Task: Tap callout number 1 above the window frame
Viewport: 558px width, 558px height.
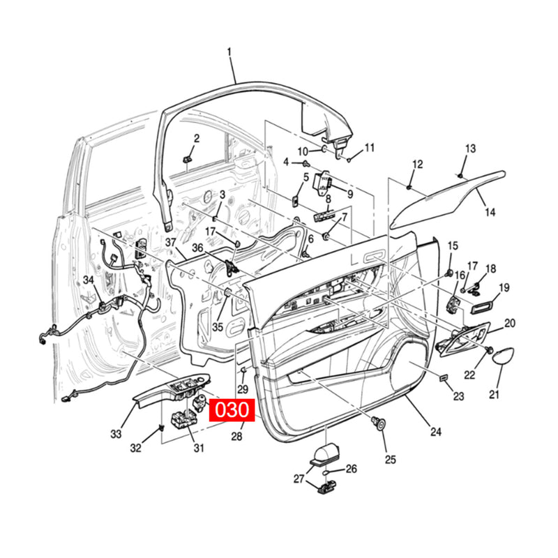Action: (x=230, y=52)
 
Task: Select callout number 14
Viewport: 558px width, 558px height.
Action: (x=490, y=212)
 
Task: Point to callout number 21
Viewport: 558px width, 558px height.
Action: (x=494, y=395)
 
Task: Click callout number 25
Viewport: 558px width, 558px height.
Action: (x=390, y=459)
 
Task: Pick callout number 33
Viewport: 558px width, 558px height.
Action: (x=116, y=433)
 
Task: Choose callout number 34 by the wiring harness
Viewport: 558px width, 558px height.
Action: (x=88, y=280)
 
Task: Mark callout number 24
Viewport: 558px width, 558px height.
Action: (x=435, y=432)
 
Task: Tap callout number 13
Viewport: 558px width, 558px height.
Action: (x=470, y=148)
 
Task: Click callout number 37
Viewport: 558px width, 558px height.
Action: (x=172, y=241)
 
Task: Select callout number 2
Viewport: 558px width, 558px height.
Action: (x=196, y=139)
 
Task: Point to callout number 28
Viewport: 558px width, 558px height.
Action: (x=236, y=436)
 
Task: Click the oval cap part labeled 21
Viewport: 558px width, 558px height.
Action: (x=505, y=356)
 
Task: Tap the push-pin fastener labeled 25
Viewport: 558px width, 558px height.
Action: (x=380, y=421)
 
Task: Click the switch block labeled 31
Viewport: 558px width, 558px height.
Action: (x=184, y=421)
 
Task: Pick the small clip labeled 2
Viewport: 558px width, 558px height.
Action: (x=188, y=160)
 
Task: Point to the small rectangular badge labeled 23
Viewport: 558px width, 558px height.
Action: (x=443, y=377)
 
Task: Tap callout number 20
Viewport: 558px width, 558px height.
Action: (x=510, y=323)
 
